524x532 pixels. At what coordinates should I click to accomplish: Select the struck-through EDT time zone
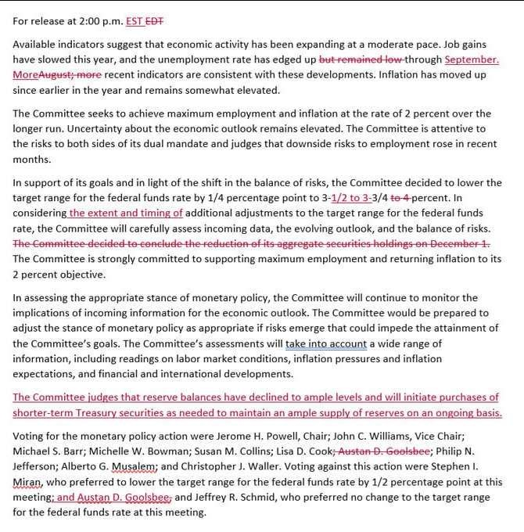click(x=166, y=21)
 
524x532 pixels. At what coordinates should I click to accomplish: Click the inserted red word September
click(x=472, y=59)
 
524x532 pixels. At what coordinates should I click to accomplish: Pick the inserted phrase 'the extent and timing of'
click(x=125, y=213)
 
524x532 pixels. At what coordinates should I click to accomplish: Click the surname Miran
click(x=28, y=482)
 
